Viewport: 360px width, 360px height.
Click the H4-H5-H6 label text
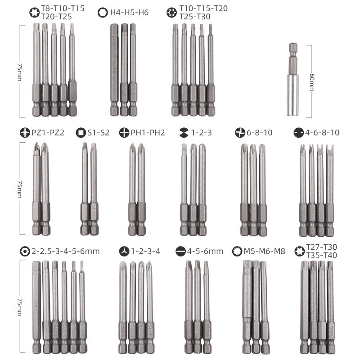(x=129, y=13)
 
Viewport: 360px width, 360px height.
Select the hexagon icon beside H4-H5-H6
(x=102, y=13)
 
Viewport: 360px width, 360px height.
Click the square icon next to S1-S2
(x=81, y=133)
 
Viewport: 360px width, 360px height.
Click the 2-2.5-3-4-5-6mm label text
(x=66, y=251)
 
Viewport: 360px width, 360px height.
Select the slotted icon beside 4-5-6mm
(x=181, y=251)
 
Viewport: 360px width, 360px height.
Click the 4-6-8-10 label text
(x=322, y=133)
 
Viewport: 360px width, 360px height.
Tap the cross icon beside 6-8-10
(x=240, y=133)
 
